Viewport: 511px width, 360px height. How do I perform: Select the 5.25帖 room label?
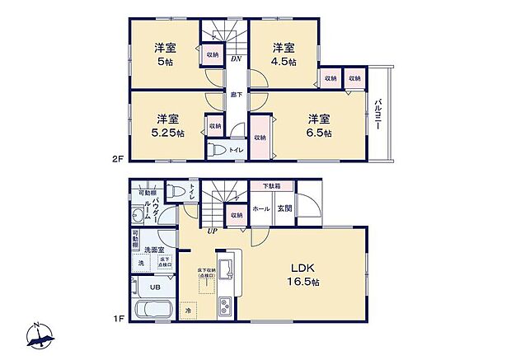168,131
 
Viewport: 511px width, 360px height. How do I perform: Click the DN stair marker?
236,59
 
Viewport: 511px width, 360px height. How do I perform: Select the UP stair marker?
213,231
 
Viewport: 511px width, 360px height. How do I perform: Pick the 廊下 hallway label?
236,95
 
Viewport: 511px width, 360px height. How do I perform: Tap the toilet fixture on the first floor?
176,191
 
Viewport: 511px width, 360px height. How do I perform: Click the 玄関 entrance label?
284,208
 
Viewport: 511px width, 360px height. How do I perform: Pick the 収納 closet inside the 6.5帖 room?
260,137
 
